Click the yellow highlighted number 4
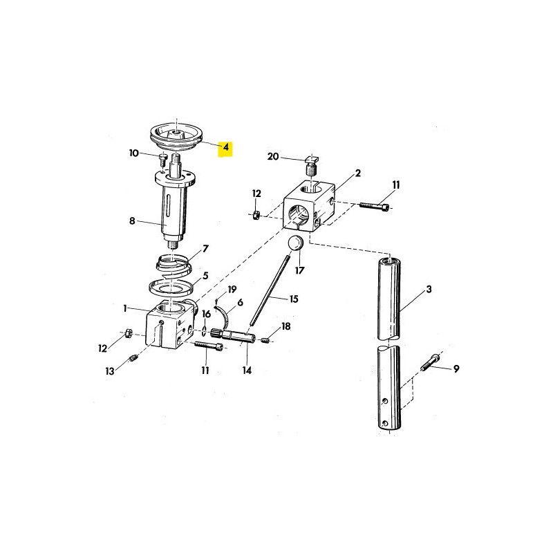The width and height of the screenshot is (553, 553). point(225,149)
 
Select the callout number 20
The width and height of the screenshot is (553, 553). point(273,157)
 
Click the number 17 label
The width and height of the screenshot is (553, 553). point(299,270)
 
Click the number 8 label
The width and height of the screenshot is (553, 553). point(132,222)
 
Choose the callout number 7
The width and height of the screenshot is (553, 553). point(205,248)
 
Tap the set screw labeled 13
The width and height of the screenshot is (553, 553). point(133,360)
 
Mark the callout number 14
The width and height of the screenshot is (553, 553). point(247,371)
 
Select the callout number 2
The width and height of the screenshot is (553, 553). point(358,174)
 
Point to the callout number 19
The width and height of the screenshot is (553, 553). point(232,289)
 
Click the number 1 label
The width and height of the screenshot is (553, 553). point(126,308)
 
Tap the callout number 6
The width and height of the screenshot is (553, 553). point(240,302)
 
